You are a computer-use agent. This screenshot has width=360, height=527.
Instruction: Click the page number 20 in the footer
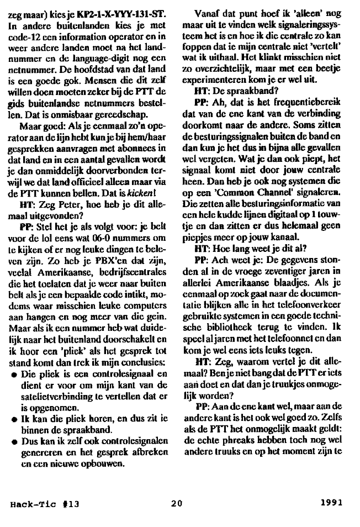point(176,503)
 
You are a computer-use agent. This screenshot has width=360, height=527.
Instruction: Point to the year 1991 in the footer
point(331,503)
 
